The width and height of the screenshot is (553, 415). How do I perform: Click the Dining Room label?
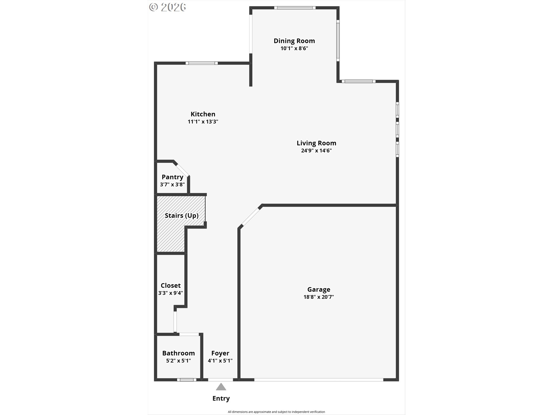click(294, 41)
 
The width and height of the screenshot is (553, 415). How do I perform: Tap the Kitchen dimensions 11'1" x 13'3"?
click(203, 122)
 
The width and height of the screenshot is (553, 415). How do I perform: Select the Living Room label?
click(316, 143)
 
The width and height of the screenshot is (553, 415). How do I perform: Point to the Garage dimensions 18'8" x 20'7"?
click(319, 297)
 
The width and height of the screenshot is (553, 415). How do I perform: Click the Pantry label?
click(172, 177)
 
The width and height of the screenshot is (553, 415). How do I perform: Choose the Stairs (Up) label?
click(181, 216)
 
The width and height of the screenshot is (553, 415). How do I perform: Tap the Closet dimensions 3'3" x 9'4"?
click(171, 293)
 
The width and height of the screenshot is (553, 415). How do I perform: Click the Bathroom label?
click(178, 353)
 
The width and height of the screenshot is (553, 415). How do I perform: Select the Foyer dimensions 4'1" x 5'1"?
click(220, 361)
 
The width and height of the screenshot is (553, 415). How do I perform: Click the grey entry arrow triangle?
click(221, 387)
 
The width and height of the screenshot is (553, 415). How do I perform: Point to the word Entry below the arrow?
click(221, 399)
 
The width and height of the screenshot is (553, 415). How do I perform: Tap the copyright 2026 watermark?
click(167, 7)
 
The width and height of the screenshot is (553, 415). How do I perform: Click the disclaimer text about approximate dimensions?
click(276, 412)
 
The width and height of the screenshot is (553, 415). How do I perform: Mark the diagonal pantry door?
click(182, 170)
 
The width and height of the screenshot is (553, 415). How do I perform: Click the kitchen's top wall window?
click(202, 63)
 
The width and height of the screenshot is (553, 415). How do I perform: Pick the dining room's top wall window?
click(295, 8)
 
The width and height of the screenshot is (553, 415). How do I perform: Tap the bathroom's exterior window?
click(187, 380)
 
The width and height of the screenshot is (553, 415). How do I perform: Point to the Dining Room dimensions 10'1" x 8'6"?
click(294, 48)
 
